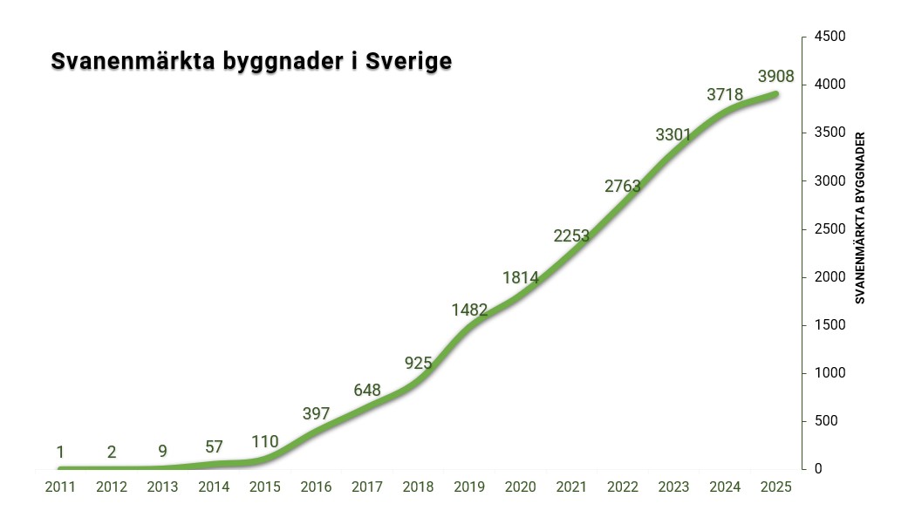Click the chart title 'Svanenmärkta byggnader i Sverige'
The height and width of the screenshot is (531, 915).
click(x=251, y=62)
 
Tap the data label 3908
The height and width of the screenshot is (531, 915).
click(x=775, y=77)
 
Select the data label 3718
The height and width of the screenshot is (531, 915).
click(x=725, y=95)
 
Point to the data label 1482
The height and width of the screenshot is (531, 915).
click(x=469, y=310)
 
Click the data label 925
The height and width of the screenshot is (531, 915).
click(x=419, y=362)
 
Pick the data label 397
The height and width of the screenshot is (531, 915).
click(x=316, y=412)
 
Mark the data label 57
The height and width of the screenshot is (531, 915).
click(x=214, y=447)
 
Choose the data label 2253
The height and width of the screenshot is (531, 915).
click(x=572, y=236)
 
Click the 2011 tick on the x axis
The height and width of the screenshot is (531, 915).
click(x=60, y=487)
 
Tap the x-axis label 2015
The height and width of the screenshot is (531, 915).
click(x=264, y=487)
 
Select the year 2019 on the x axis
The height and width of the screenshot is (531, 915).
click(x=469, y=487)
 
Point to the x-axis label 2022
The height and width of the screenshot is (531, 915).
click(x=623, y=487)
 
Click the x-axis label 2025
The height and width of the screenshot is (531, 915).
click(x=775, y=487)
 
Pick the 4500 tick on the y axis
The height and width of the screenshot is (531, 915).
click(x=830, y=37)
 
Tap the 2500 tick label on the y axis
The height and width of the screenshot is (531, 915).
click(x=830, y=229)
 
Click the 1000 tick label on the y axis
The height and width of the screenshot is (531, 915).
click(x=830, y=373)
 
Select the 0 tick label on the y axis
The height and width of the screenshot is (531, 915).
click(x=818, y=469)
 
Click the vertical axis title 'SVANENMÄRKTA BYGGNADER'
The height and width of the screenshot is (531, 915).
click(x=860, y=218)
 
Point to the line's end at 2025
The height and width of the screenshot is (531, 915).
click(x=775, y=94)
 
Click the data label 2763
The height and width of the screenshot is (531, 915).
click(x=623, y=186)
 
